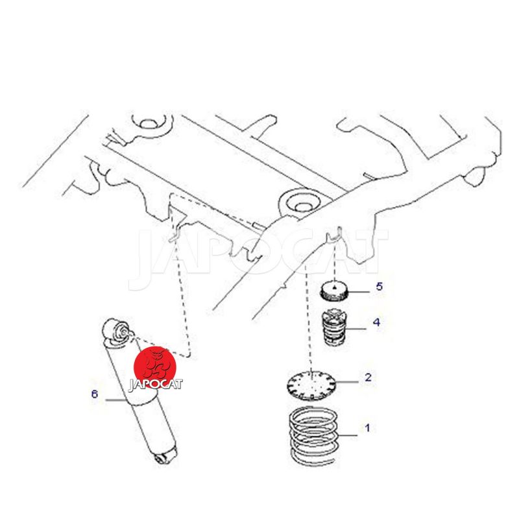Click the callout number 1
pyautogui.click(x=367, y=428)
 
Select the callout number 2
pyautogui.click(x=368, y=377)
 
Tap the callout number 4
pyautogui.click(x=377, y=322)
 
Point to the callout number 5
pyautogui.click(x=380, y=286)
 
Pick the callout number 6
pyautogui.click(x=95, y=394)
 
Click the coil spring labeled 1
pyautogui.click(x=314, y=435)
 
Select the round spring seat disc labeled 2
pyautogui.click(x=311, y=385)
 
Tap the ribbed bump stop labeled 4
pyautogui.click(x=333, y=327)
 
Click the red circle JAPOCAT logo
pyautogui.click(x=155, y=368)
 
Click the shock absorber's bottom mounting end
pyautogui.click(x=164, y=456)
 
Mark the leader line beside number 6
pyautogui.click(x=116, y=400)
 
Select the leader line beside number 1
pyautogui.click(x=348, y=435)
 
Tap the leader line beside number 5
pyautogui.click(x=359, y=292)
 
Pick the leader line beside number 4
pyautogui.click(x=356, y=329)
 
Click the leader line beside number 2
pyautogui.click(x=347, y=382)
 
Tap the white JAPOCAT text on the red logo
pyautogui.click(x=155, y=384)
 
